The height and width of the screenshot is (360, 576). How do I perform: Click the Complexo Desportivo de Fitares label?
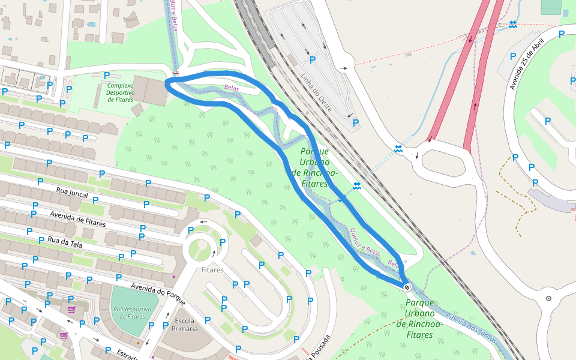[x=120, y=92]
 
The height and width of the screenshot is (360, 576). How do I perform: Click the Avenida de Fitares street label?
[x=78, y=219]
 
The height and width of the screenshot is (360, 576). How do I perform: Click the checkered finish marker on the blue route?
[x=407, y=287]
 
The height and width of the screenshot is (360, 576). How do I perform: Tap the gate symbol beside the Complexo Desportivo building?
[x=176, y=73]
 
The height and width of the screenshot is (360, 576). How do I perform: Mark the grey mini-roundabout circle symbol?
[x=548, y=298]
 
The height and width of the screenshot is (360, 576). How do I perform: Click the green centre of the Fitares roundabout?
[x=201, y=248]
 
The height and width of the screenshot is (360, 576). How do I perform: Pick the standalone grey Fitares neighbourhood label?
[x=212, y=270]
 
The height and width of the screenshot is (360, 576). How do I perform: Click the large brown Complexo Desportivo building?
[x=150, y=91]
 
